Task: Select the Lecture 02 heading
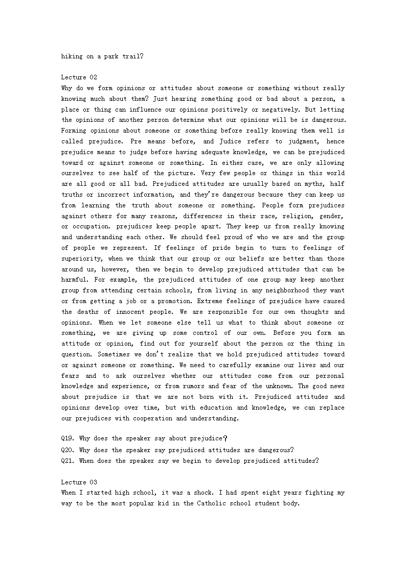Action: (x=79, y=77)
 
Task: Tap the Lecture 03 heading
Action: (x=79, y=482)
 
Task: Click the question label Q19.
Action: (x=69, y=439)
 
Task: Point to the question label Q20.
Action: (x=69, y=450)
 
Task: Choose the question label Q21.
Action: (x=69, y=461)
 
